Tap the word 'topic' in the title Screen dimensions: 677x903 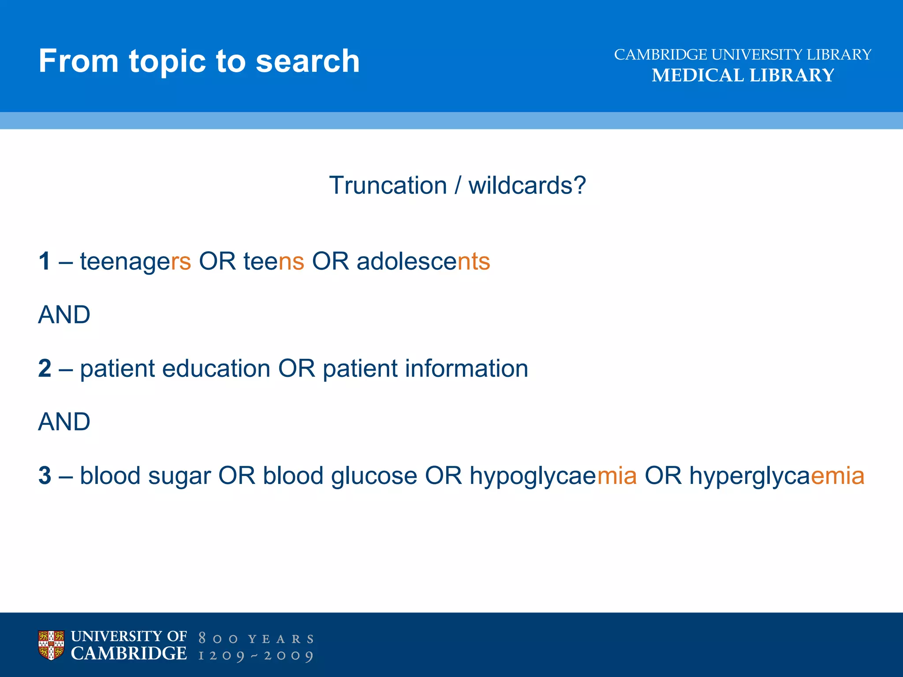168,62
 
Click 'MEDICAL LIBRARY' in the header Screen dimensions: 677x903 743,75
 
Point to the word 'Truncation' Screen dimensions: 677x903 388,185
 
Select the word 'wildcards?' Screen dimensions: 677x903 527,185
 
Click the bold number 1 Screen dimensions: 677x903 45,261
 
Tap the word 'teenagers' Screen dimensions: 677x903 135,261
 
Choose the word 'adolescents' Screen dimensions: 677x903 423,261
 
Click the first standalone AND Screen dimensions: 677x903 64,315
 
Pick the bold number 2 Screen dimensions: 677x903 45,368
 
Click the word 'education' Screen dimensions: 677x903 216,368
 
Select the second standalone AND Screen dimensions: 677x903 64,422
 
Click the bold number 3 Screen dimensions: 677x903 45,476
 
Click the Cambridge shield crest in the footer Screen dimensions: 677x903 51,645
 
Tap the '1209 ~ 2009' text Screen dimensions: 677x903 256,656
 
